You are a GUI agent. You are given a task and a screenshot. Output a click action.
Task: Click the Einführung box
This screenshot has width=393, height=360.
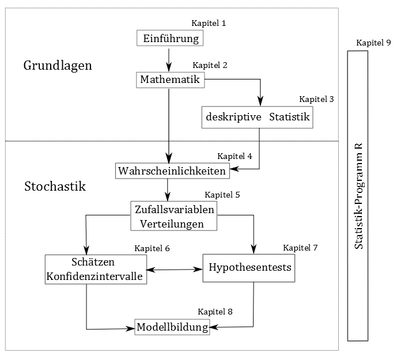tap(170, 39)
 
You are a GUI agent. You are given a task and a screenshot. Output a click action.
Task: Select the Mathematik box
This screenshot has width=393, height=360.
tap(170, 79)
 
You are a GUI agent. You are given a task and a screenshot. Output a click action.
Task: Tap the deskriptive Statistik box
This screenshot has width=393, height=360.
tap(258, 118)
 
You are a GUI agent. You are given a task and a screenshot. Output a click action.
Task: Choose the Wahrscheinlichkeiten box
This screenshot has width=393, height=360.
tap(172, 171)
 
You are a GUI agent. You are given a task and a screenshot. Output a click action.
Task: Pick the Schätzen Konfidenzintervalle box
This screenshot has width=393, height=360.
tap(95, 269)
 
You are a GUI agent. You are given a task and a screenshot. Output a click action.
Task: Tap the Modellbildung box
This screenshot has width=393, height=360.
tap(172, 328)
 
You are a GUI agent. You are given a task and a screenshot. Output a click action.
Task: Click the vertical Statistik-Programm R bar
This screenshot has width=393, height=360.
tap(358, 196)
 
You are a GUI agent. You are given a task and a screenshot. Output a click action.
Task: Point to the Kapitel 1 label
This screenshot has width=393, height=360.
tap(209, 24)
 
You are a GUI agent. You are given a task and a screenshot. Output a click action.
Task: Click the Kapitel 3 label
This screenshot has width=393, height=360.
tap(316, 99)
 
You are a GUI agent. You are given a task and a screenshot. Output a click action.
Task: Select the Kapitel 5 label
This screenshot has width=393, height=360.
tap(222, 195)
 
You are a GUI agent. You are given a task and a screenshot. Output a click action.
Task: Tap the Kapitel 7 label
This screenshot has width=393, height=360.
tap(300, 248)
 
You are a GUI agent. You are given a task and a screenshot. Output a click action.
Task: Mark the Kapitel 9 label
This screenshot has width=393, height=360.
tap(373, 43)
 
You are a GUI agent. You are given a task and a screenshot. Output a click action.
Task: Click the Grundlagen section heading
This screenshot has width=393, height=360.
tap(58, 66)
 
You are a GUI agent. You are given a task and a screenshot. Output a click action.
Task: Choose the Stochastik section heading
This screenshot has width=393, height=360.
tap(55, 187)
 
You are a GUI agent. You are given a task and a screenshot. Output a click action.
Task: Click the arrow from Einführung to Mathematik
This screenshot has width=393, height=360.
tap(169, 58)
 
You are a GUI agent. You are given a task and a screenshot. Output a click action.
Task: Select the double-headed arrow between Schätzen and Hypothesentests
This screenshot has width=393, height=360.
tap(175, 269)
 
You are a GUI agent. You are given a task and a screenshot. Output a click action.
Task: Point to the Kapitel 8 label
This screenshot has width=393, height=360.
tap(215, 312)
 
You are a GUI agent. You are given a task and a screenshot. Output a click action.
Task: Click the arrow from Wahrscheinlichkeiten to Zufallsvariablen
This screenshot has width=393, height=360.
tap(168, 188)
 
